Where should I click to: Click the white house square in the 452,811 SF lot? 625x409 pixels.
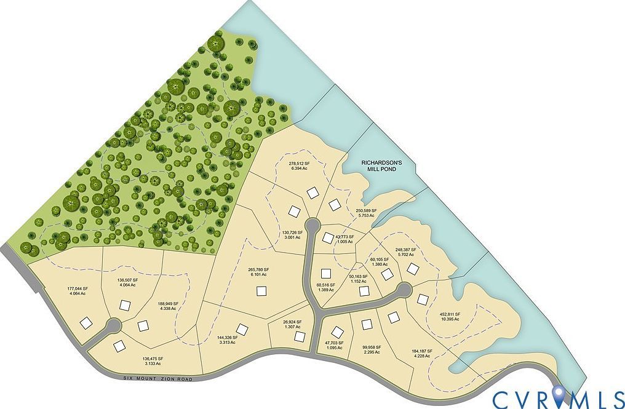pos(422,300)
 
